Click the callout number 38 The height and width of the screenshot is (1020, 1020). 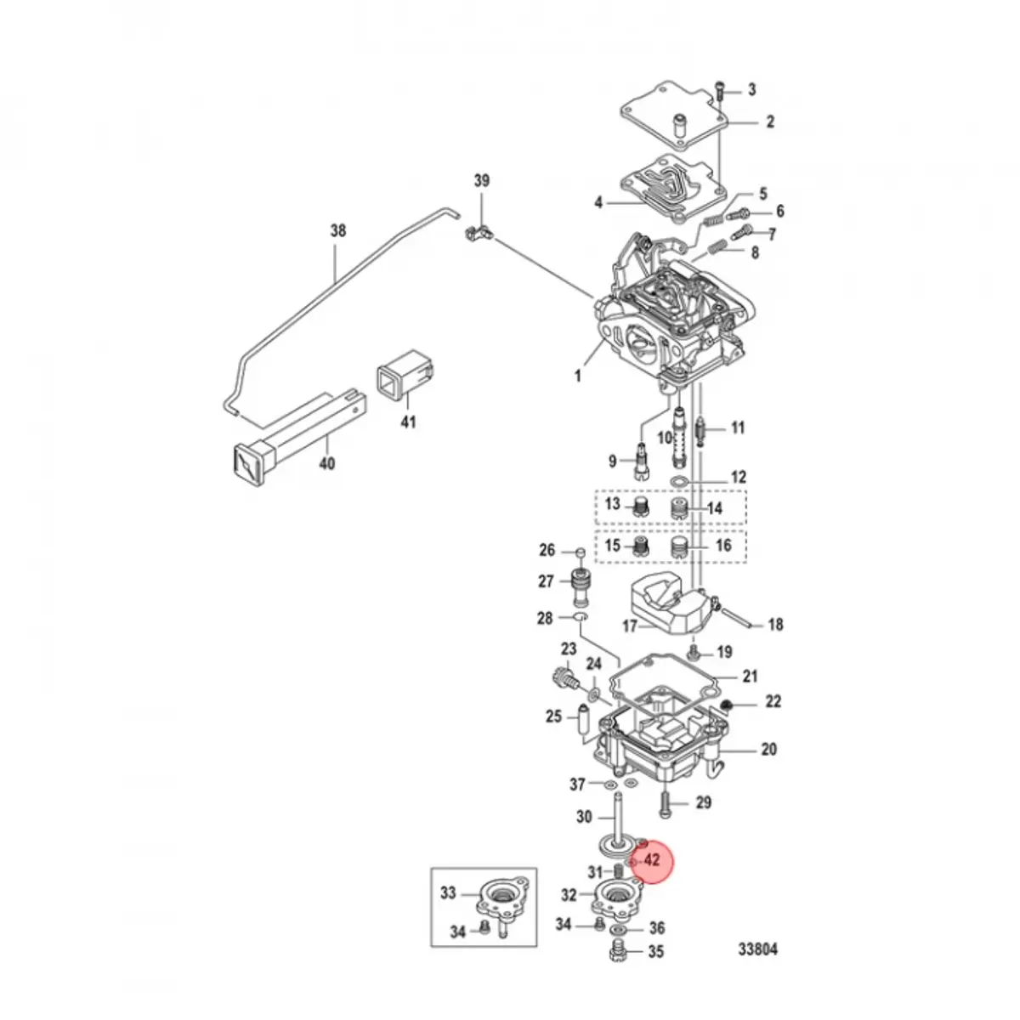[338, 229]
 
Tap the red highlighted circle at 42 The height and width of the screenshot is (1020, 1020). [649, 861]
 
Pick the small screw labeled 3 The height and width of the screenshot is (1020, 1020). [722, 88]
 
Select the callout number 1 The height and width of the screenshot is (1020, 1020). [578, 375]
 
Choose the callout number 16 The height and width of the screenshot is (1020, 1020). [723, 545]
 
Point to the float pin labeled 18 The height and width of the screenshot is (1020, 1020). [739, 620]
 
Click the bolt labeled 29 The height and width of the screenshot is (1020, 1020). [667, 801]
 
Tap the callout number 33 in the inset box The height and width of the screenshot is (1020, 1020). [448, 892]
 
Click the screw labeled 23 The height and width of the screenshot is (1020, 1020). [563, 679]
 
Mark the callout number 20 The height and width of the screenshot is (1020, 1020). [768, 750]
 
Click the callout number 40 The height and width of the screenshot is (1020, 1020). [326, 463]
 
